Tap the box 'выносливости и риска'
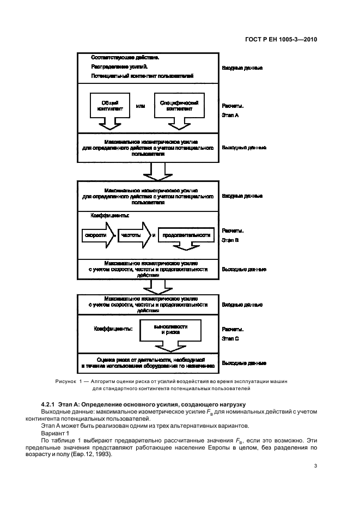(x=170, y=329)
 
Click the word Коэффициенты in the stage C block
(x=113, y=329)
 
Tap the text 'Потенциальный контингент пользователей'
(x=142, y=76)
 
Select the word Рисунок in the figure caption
(x=67, y=381)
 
